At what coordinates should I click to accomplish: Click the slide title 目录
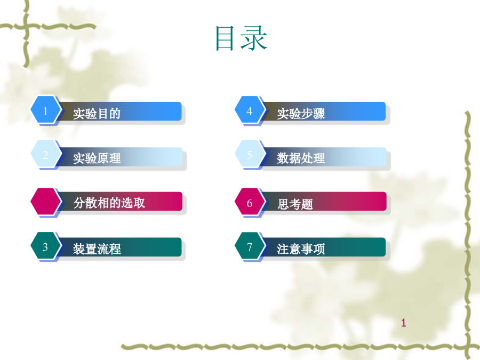tap(242, 38)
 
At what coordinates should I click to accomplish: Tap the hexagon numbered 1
tap(45, 110)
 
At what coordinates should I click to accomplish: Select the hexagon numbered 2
tap(45, 154)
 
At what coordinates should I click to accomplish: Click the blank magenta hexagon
tap(45, 202)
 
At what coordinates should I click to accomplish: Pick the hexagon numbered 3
tap(45, 246)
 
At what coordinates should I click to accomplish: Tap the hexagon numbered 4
tap(250, 110)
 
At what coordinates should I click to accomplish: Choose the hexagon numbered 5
tap(250, 154)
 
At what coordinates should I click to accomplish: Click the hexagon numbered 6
tap(250, 202)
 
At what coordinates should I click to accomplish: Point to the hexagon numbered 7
tap(250, 246)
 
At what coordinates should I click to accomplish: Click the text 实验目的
tap(97, 114)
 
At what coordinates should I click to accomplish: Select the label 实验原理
tap(97, 158)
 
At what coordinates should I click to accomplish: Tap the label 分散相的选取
tap(109, 203)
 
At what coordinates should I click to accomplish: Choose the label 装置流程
tap(97, 249)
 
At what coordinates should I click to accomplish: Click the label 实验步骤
tap(301, 114)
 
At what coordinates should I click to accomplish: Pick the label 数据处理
tap(301, 158)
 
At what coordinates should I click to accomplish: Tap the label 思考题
tap(295, 204)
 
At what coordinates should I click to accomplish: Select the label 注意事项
tap(301, 249)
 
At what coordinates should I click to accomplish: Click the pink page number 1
tap(404, 323)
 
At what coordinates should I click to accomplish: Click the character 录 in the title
tap(254, 38)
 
